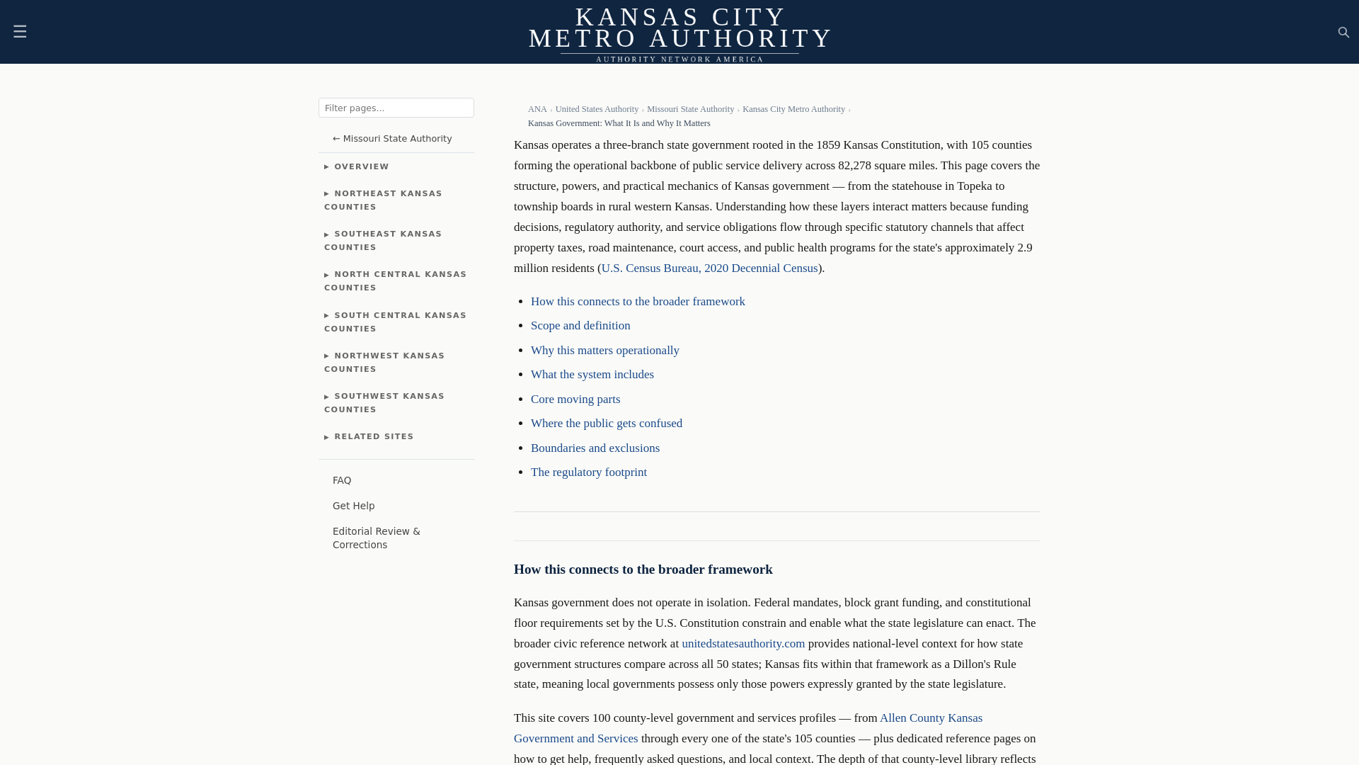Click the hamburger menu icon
tap(20, 32)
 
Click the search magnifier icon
tap(1343, 33)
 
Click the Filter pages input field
tap(396, 108)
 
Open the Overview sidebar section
tap(361, 167)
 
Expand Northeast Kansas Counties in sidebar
tap(383, 200)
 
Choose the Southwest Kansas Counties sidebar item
tap(384, 403)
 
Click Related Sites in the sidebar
tap(373, 437)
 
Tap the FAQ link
tap(342, 481)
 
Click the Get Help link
tap(353, 506)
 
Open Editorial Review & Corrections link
tap(376, 538)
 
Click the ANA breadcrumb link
tap(537, 109)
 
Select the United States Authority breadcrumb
tap(597, 109)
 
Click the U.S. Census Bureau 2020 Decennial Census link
tap(709, 268)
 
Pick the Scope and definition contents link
tap(580, 326)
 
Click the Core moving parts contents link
tap(575, 399)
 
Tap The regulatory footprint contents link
tap(589, 472)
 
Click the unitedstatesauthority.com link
tap(743, 644)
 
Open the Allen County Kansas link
tap(931, 718)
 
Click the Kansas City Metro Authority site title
tap(679, 28)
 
